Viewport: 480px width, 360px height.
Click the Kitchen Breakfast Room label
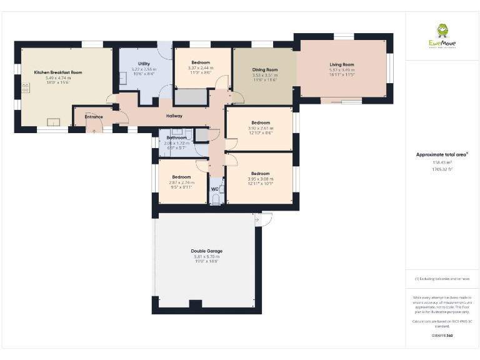[x=58, y=72]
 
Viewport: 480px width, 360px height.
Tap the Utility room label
[x=143, y=63]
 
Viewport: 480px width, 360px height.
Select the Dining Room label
[x=265, y=70]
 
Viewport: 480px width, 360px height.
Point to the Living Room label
[x=342, y=64]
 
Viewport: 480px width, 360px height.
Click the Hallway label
[x=174, y=116]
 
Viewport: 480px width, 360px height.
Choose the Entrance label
[x=94, y=117]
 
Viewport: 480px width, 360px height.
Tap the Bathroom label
[x=176, y=137]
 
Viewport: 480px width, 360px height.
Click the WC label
[x=214, y=188]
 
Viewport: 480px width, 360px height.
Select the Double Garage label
[x=207, y=251]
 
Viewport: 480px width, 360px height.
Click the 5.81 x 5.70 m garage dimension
[x=207, y=256]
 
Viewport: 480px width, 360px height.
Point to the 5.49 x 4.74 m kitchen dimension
[x=58, y=78]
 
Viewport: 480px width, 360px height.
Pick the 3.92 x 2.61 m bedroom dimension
[x=261, y=127]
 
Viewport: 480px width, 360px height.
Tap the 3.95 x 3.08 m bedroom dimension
[x=261, y=179]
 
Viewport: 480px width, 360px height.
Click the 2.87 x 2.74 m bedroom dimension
[x=181, y=182]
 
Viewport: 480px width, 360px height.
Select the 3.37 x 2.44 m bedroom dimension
[x=201, y=67]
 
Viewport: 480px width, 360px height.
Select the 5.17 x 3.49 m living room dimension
[x=342, y=69]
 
